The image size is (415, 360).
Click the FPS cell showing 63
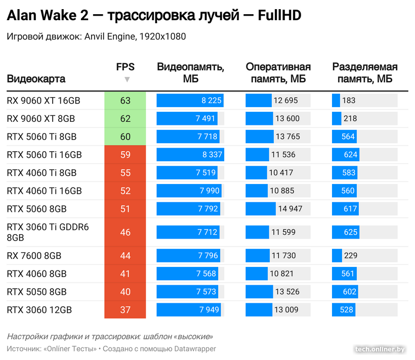(125, 101)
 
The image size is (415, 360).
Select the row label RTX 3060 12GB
(39, 310)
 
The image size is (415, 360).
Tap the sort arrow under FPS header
(127, 79)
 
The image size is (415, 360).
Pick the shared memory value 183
(349, 101)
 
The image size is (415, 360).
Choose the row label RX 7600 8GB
(34, 256)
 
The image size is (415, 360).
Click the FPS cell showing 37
(125, 310)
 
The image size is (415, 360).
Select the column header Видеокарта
(36, 79)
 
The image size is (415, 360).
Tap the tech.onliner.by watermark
(380, 349)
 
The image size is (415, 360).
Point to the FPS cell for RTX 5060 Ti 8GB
(125, 137)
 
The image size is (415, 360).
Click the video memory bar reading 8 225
(190, 101)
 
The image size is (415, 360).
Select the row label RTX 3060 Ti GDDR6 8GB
(48, 232)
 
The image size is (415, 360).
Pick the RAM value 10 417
(281, 173)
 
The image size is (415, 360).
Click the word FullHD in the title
(279, 16)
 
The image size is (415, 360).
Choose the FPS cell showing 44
(125, 256)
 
